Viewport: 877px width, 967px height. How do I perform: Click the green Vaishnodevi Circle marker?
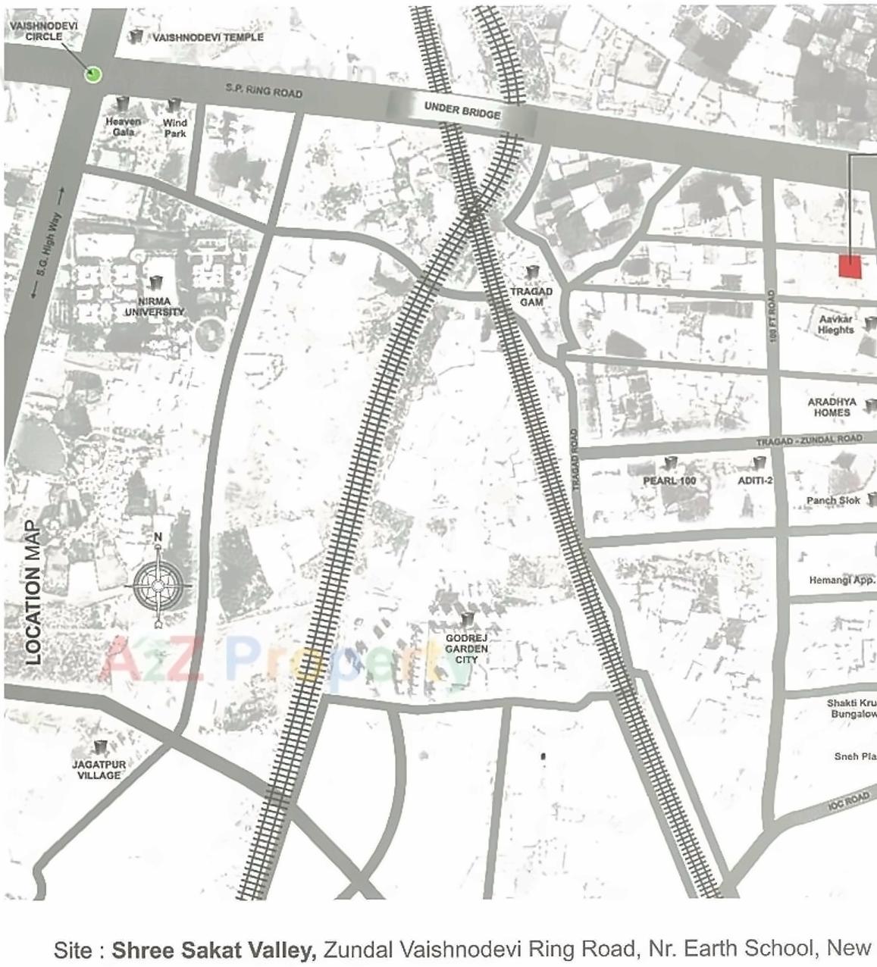(x=93, y=74)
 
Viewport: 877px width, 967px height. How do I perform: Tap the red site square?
(x=850, y=267)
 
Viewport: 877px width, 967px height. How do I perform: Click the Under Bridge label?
(x=462, y=111)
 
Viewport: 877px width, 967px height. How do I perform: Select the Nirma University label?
(x=155, y=306)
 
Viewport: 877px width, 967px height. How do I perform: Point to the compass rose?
(x=158, y=585)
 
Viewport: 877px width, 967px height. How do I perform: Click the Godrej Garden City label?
(x=466, y=649)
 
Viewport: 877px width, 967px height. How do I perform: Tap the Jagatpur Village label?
(x=99, y=770)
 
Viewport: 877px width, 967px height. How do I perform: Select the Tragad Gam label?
(x=531, y=296)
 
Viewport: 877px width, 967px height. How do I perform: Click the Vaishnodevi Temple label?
(x=208, y=37)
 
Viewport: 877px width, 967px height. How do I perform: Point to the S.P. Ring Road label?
(x=264, y=91)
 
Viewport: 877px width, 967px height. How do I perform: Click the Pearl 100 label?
(x=669, y=480)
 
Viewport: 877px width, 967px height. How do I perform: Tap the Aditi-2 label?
(x=755, y=480)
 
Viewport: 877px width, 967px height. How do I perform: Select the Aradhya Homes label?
(x=832, y=407)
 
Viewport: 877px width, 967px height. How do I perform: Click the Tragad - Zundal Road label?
(x=809, y=440)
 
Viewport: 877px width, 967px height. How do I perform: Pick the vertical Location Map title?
(x=33, y=593)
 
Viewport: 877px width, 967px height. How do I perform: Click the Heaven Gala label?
(x=123, y=127)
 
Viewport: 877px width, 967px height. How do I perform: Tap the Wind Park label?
(x=174, y=127)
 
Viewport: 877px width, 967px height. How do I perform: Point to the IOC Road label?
(x=848, y=801)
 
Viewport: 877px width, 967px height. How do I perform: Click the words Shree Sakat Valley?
(x=214, y=950)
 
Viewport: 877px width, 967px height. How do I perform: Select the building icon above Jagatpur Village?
(x=99, y=748)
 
